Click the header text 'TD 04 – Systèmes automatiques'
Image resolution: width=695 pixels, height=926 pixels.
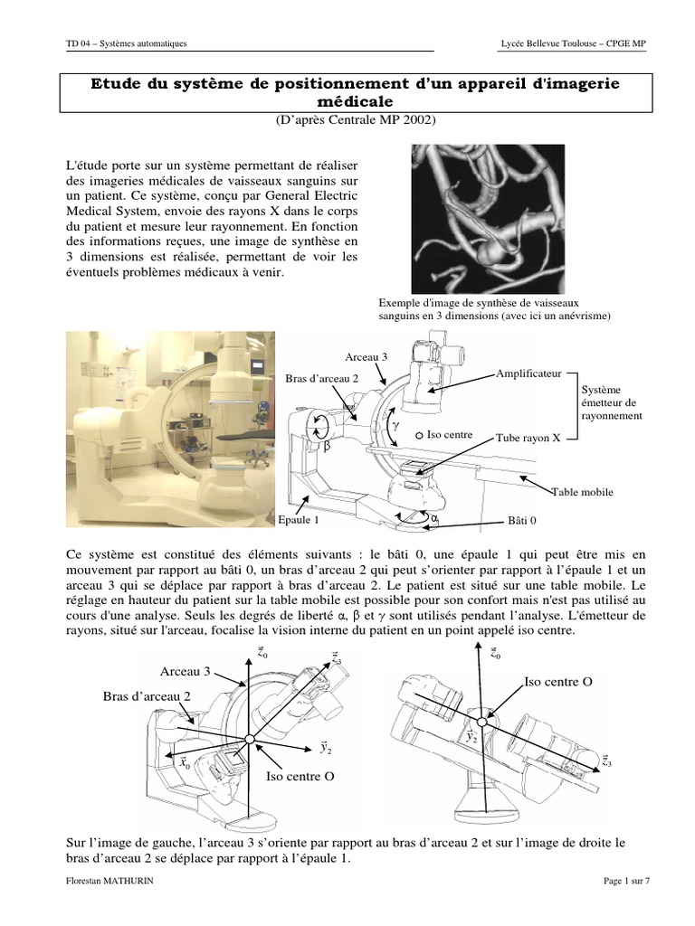(127, 43)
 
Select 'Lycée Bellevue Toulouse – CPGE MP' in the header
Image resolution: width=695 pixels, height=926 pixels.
(573, 43)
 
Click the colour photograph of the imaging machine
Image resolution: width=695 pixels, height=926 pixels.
(171, 428)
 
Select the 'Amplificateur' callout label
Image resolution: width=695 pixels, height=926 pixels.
(529, 373)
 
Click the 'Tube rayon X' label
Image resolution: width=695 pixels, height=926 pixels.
(528, 438)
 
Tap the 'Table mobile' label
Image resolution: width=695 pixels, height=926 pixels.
(582, 492)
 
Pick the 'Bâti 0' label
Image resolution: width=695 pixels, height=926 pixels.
(521, 522)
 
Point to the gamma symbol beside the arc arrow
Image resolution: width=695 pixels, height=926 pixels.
(394, 422)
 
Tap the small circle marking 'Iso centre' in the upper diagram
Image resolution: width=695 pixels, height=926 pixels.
(420, 435)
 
